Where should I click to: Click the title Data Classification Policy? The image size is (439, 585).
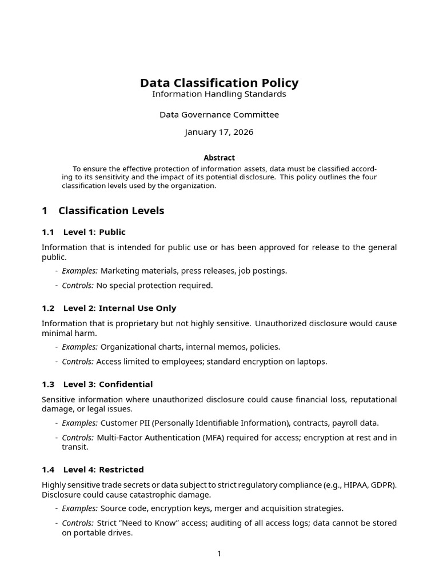pos(219,83)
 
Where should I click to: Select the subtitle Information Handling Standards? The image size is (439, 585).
pos(219,94)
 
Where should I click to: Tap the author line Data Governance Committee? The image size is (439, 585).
pos(219,115)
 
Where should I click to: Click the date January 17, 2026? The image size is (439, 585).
pos(219,133)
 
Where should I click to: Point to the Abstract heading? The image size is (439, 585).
pos(219,158)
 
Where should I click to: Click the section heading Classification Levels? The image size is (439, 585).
pos(111,211)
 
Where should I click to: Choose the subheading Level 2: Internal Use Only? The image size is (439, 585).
pos(119,308)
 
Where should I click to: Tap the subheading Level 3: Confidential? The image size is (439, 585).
pos(108,384)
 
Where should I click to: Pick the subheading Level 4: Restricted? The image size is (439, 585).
pos(103,470)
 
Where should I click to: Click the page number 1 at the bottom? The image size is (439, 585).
pos(219,554)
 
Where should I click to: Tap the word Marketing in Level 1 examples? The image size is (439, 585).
pos(119,271)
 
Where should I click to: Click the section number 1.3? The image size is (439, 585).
pos(48,384)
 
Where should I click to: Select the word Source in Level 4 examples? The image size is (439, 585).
pos(113,508)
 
